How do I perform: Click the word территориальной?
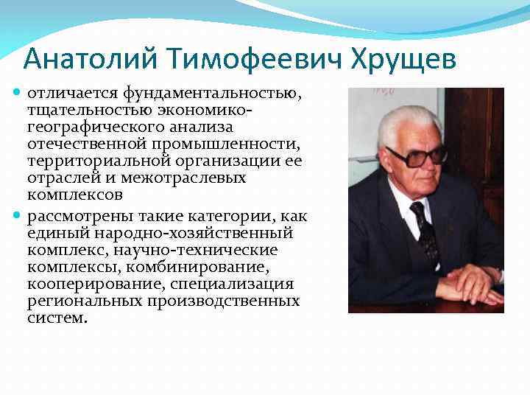click(92, 161)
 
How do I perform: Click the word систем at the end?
click(56, 318)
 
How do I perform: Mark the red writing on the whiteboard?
click(382, 91)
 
